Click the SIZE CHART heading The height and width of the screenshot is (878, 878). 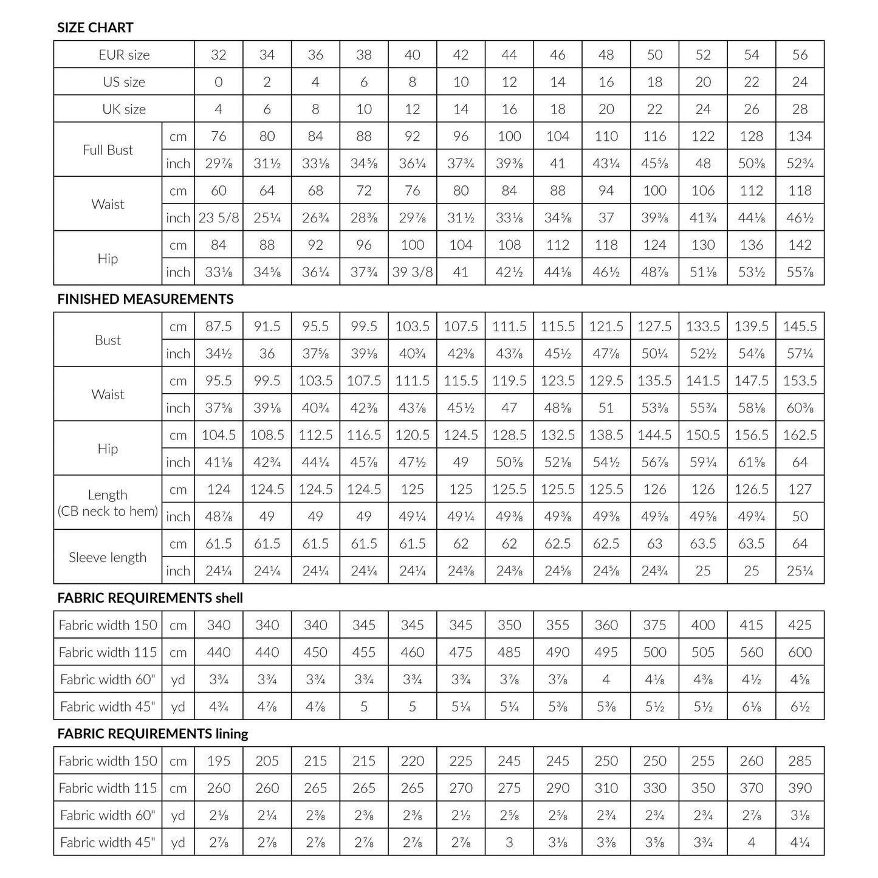(x=95, y=27)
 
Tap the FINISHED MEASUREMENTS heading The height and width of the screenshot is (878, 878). (x=145, y=299)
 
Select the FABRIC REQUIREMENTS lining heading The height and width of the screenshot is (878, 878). (x=153, y=733)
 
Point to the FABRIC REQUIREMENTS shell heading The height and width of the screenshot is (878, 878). (x=150, y=598)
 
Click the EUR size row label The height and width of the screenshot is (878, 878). (x=124, y=55)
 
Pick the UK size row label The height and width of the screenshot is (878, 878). (x=124, y=109)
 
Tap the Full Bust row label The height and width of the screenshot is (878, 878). (x=108, y=150)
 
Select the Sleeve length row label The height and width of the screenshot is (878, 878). (x=108, y=557)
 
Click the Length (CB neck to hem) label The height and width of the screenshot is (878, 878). (x=108, y=503)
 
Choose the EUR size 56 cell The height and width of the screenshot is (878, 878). (x=800, y=55)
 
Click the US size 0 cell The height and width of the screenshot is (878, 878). (x=218, y=82)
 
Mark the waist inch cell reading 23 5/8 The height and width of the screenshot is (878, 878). (x=218, y=218)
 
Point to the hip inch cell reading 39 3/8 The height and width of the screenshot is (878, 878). (x=412, y=272)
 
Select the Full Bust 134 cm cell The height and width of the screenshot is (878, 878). (x=800, y=136)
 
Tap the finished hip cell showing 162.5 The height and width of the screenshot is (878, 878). (x=800, y=435)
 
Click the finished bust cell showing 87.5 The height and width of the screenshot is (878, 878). (x=218, y=326)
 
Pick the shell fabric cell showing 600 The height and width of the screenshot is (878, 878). (x=800, y=652)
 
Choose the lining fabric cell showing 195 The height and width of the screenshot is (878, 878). (x=218, y=761)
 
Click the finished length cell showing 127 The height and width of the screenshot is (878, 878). (x=800, y=489)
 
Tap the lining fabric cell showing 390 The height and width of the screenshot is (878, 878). (x=800, y=788)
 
